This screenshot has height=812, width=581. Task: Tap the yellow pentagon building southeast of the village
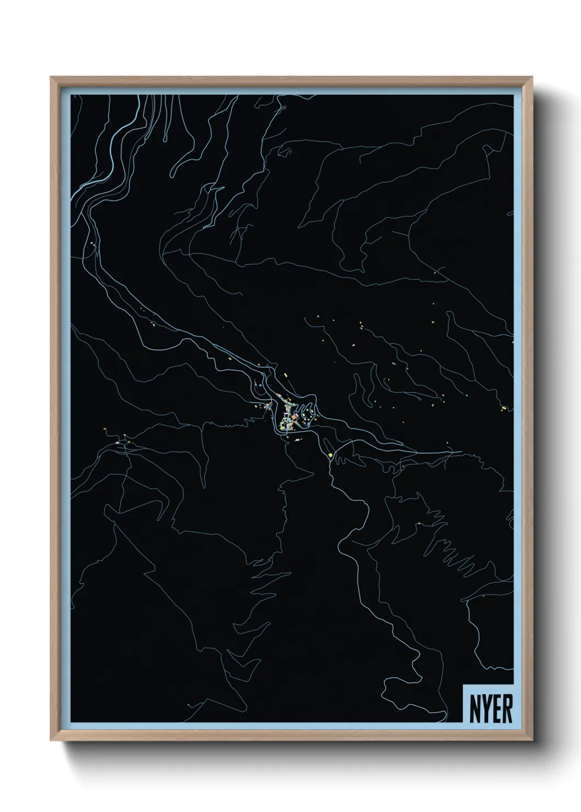pos(331,454)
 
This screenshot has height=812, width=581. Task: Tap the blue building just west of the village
pos(256,386)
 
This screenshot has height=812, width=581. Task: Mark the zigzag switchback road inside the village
pos(300,409)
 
